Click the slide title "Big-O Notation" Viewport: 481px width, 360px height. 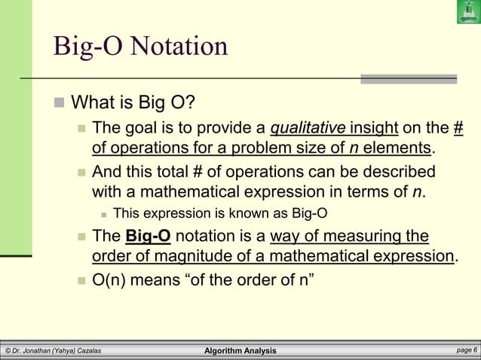(140, 47)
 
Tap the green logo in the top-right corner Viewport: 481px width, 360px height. (467, 12)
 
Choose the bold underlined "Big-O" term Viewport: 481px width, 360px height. (149, 237)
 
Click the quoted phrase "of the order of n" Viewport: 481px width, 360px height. (253, 282)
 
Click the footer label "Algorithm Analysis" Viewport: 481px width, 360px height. (240, 351)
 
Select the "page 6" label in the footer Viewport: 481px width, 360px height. (462, 351)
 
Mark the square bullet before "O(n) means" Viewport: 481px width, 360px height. (81, 283)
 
